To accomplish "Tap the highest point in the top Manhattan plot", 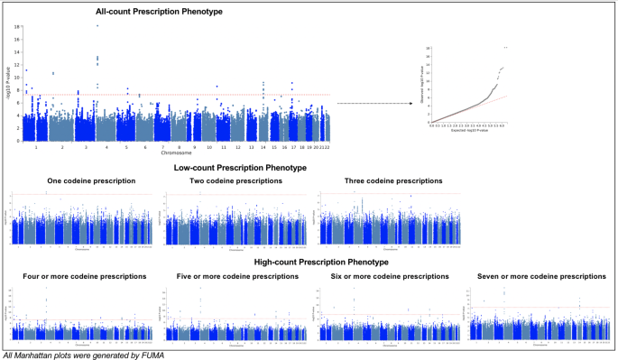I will pyautogui.click(x=97, y=25).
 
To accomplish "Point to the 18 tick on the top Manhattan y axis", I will pyautogui.click(x=17, y=27).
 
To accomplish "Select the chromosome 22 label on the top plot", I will pyautogui.click(x=327, y=146).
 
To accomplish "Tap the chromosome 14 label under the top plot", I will pyautogui.click(x=263, y=146).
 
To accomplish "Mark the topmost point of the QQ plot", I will pyautogui.click(x=506, y=47).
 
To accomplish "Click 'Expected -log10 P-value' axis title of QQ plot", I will pyautogui.click(x=469, y=129).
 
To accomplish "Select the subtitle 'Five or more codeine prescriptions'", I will pyautogui.click(x=235, y=276).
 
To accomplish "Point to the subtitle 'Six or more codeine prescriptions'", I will pyautogui.click(x=389, y=276).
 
